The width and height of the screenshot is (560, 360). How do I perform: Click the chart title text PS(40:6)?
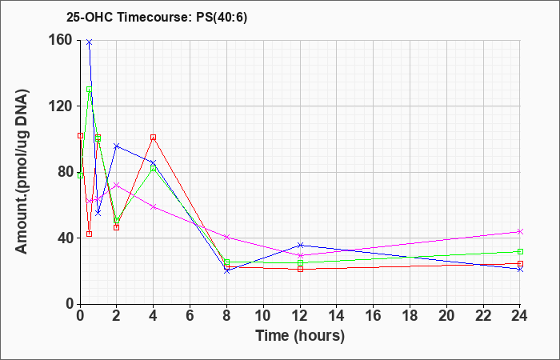pos(222,18)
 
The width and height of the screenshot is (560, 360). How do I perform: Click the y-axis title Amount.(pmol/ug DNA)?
pos(22,172)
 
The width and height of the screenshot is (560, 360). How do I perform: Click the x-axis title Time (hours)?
pos(300,336)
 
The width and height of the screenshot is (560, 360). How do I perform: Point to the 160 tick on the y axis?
pos(62,40)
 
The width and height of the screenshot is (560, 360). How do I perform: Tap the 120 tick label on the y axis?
pos(62,106)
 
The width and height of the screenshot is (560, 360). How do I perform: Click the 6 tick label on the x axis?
pos(190,316)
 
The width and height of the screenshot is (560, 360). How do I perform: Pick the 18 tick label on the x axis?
pos(410,316)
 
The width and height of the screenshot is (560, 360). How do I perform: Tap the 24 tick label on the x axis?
pos(519,316)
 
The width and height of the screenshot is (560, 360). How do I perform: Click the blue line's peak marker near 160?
pos(90,42)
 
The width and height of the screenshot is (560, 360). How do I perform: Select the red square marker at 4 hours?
pos(154,137)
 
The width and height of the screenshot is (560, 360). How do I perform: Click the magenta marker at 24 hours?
pos(520,232)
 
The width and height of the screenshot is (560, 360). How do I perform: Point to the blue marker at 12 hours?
pos(300,245)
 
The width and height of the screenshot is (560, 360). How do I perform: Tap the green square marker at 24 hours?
pos(520,251)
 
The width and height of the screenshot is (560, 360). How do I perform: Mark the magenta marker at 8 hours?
pos(226,237)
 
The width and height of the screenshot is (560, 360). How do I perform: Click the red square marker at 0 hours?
pos(80,136)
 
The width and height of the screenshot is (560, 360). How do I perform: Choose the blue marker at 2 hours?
pos(117,146)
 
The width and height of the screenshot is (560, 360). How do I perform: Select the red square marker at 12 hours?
pos(300,269)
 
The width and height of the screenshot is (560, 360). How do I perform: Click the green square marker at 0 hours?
pos(80,175)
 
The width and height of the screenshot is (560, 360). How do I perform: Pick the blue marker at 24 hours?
pos(520,270)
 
